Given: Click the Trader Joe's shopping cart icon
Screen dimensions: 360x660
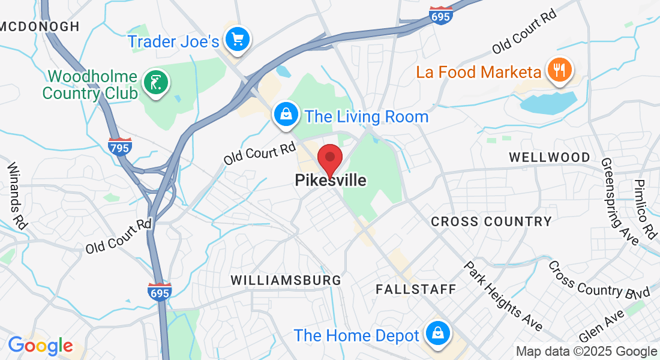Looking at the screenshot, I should pyautogui.click(x=238, y=40).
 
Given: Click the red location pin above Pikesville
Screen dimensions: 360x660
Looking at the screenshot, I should pyautogui.click(x=329, y=159).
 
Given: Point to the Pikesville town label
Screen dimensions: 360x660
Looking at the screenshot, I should pyautogui.click(x=331, y=180).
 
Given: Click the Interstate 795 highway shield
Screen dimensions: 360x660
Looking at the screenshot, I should pyautogui.click(x=121, y=146).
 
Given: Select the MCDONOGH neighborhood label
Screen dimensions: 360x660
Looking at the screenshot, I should pyautogui.click(x=40, y=26).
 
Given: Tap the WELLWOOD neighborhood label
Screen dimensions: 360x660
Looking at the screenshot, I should pyautogui.click(x=550, y=157).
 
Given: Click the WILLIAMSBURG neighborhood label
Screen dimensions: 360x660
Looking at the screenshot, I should pyautogui.click(x=286, y=280).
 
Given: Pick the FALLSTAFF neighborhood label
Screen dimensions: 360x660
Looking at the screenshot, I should pyautogui.click(x=416, y=289).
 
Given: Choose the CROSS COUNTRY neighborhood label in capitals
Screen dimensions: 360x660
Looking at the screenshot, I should pyautogui.click(x=491, y=221).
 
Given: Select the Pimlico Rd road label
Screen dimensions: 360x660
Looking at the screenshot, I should pyautogui.click(x=646, y=209).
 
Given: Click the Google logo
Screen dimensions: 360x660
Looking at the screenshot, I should pyautogui.click(x=40, y=346).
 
